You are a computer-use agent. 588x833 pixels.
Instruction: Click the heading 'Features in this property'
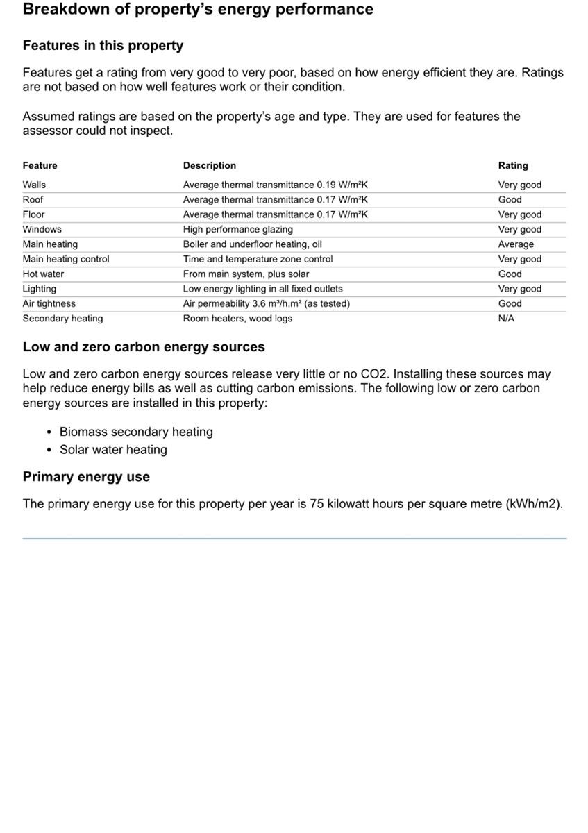103,46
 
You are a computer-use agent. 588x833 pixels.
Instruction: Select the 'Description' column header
209,166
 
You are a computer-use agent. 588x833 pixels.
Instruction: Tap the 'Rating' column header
512,166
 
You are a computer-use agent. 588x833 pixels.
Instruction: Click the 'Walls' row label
34,185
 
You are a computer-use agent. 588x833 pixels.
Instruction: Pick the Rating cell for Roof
510,200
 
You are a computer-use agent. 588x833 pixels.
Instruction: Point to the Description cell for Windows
237,230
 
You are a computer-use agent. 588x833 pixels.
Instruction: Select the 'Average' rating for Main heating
516,244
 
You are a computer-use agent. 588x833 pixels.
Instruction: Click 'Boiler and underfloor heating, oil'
252,244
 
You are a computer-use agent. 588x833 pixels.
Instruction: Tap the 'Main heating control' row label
66,259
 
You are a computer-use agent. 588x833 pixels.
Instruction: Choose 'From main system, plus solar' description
246,274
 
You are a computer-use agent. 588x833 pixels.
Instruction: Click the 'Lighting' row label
40,289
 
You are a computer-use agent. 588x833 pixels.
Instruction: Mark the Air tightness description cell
266,304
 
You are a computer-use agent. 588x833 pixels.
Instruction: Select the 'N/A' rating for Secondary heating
506,319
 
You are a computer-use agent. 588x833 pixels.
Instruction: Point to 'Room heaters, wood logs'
237,319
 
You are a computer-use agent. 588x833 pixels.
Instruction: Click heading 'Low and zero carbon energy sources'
144,347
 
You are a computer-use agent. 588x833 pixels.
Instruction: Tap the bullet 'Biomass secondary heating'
136,432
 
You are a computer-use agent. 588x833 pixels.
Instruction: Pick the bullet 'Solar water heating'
113,450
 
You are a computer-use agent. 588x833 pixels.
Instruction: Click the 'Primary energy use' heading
86,477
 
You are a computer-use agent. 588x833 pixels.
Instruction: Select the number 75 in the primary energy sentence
317,504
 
